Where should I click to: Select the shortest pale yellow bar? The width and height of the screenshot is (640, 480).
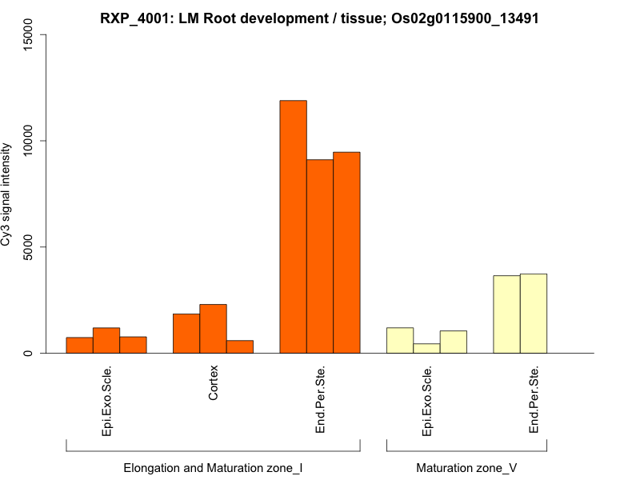[426, 348]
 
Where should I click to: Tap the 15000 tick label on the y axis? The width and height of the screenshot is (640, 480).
[30, 35]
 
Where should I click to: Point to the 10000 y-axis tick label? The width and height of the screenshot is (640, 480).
[30, 141]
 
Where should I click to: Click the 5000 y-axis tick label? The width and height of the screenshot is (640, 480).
[30, 247]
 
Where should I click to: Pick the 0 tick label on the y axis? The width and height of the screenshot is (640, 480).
[30, 353]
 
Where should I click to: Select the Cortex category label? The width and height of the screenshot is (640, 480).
[213, 384]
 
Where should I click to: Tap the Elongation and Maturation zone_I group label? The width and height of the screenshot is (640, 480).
[213, 468]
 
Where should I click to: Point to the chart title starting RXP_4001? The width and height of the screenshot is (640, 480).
[319, 18]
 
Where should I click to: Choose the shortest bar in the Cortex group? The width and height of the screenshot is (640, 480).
[240, 346]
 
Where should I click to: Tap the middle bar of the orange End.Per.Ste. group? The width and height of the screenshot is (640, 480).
[320, 256]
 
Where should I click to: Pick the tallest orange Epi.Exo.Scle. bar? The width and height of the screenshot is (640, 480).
[106, 340]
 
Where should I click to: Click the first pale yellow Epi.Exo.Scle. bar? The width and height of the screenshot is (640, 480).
[400, 340]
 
